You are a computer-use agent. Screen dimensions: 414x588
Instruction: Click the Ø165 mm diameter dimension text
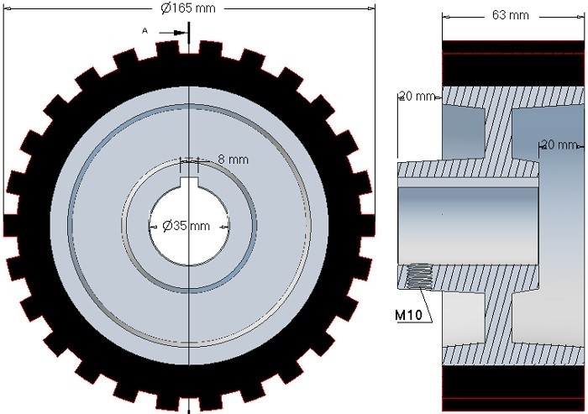190,8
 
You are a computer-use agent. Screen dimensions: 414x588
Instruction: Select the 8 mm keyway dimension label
233,160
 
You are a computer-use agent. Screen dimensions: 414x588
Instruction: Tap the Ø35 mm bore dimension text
186,226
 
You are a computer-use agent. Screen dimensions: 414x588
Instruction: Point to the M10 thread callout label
409,316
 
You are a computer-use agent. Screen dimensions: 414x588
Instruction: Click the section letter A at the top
145,30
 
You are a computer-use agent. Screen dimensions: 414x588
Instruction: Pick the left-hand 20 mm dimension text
417,97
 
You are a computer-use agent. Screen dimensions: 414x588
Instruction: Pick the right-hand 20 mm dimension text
559,145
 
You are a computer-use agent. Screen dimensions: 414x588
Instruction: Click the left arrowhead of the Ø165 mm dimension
6,8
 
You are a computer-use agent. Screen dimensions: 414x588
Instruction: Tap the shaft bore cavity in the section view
466,223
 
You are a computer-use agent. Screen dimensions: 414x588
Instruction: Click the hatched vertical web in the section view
501,134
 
